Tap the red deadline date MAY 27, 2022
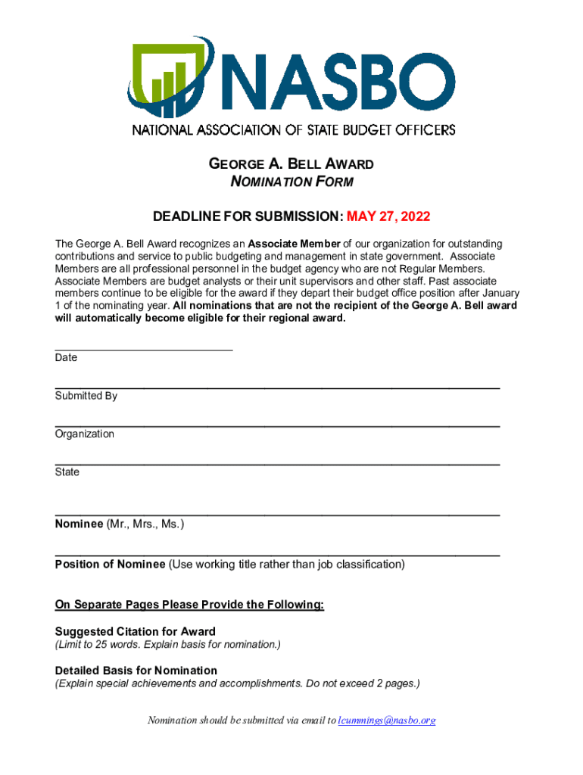click(x=388, y=217)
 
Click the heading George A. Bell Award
click(x=291, y=164)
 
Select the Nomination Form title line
click(x=291, y=182)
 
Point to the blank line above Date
click(x=144, y=349)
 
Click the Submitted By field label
click(x=86, y=396)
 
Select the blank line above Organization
click(x=277, y=426)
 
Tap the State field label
click(x=67, y=472)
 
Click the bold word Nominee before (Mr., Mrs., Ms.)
click(x=79, y=524)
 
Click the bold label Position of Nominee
click(x=110, y=565)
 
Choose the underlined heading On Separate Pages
click(x=189, y=605)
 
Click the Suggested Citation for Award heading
click(x=136, y=631)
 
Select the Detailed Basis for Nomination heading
click(x=136, y=671)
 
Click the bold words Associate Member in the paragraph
click(x=294, y=244)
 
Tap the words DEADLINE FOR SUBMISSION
click(x=247, y=217)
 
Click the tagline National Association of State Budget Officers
click(x=294, y=129)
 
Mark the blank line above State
click(x=277, y=463)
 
